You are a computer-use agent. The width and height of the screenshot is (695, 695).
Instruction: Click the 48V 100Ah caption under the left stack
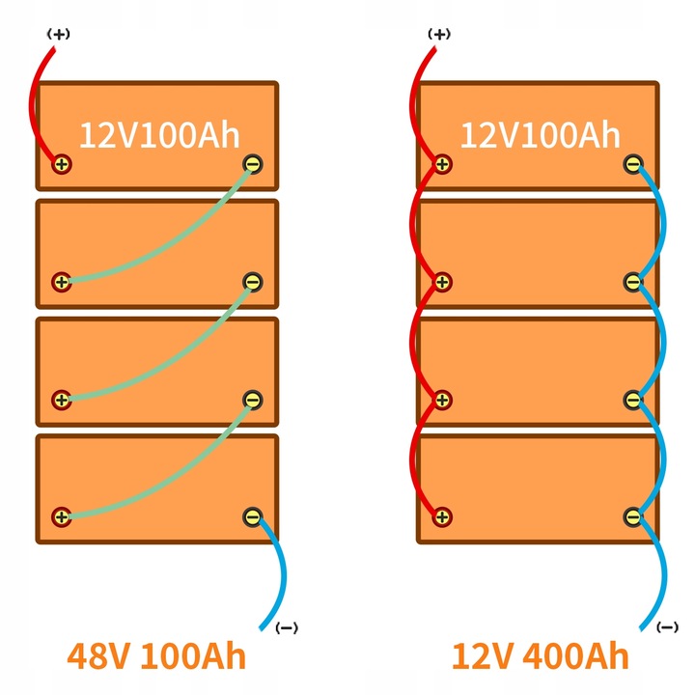pyautogui.click(x=156, y=656)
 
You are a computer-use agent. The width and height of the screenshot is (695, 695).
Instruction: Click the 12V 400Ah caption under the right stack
pyautogui.click(x=540, y=656)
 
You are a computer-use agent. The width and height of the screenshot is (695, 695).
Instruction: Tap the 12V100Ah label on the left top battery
pyautogui.click(x=158, y=135)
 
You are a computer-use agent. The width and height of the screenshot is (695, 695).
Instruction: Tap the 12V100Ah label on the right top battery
pyautogui.click(x=539, y=135)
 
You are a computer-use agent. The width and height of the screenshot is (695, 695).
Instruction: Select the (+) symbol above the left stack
pyautogui.click(x=60, y=34)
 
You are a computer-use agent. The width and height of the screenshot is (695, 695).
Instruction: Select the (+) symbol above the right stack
pyautogui.click(x=440, y=34)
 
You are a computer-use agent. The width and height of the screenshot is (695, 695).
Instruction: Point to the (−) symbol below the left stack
pyautogui.click(x=287, y=627)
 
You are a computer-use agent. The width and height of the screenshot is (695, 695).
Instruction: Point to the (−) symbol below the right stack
pyautogui.click(x=667, y=627)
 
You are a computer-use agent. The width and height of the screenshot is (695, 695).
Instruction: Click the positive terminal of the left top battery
pyautogui.click(x=62, y=164)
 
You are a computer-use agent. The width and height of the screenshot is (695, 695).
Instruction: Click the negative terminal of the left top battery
pyautogui.click(x=252, y=164)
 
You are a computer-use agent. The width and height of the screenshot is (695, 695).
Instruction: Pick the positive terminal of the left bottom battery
pyautogui.click(x=62, y=517)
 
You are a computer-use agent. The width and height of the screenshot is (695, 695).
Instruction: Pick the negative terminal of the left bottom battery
pyautogui.click(x=252, y=517)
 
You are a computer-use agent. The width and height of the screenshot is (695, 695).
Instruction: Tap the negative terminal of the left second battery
pyautogui.click(x=252, y=282)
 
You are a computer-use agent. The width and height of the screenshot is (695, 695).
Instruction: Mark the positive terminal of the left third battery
pyautogui.click(x=62, y=400)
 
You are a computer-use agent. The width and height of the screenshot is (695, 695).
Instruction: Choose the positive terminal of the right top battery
pyautogui.click(x=442, y=164)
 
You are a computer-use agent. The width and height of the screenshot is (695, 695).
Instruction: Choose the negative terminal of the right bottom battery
pyautogui.click(x=632, y=517)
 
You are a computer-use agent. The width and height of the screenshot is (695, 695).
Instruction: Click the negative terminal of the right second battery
pyautogui.click(x=632, y=282)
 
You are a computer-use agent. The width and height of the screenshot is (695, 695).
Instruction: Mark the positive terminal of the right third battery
pyautogui.click(x=442, y=400)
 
